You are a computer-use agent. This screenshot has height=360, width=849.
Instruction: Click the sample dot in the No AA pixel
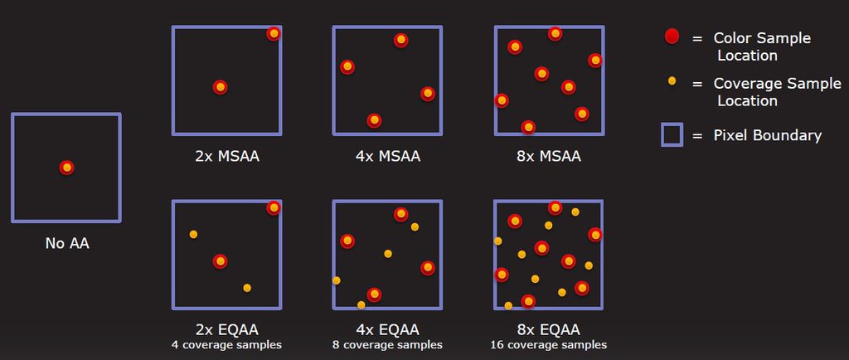click(x=67, y=168)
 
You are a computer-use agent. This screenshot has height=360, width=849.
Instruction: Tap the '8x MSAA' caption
click(x=548, y=155)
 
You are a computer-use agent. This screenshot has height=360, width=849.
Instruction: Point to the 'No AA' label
click(x=67, y=244)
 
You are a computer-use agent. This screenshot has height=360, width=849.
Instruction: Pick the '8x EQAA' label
click(x=548, y=329)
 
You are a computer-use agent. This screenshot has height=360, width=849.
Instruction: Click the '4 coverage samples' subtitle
click(x=226, y=345)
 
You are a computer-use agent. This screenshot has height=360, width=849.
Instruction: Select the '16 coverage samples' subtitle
click(x=548, y=345)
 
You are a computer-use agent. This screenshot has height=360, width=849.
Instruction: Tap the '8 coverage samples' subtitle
click(x=386, y=345)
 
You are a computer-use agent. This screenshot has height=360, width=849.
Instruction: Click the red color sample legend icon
click(x=672, y=37)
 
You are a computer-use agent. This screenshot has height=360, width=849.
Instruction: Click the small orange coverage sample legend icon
click(x=672, y=81)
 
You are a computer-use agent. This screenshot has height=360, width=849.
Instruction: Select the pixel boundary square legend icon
click(x=672, y=134)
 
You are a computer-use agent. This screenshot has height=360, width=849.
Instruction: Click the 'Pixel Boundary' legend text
click(x=768, y=135)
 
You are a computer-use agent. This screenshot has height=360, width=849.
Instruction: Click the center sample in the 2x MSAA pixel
click(x=220, y=87)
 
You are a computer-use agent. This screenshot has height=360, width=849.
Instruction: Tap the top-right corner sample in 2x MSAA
click(x=274, y=33)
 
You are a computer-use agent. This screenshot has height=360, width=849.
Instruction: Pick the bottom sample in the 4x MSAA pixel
click(x=374, y=120)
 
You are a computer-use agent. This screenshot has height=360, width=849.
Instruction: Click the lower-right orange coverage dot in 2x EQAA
click(x=247, y=288)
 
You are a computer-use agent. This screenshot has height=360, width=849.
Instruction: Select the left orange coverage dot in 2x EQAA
click(x=193, y=235)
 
